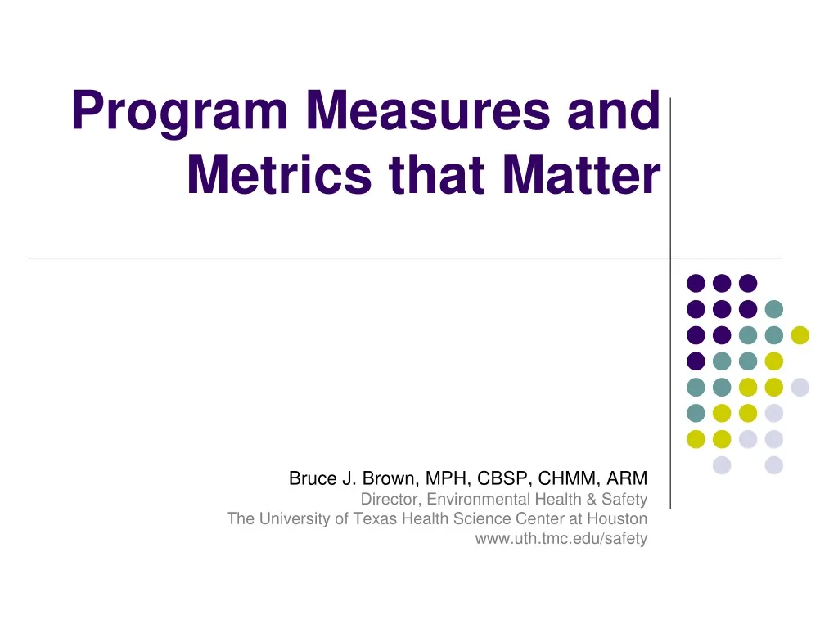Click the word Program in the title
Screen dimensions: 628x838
[181, 113]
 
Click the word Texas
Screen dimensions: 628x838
[384, 519]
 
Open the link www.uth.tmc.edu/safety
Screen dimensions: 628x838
[561, 539]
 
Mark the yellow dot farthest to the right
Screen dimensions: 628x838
[800, 334]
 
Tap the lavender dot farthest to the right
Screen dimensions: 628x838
[800, 387]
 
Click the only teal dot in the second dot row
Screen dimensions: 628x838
[773, 309]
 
